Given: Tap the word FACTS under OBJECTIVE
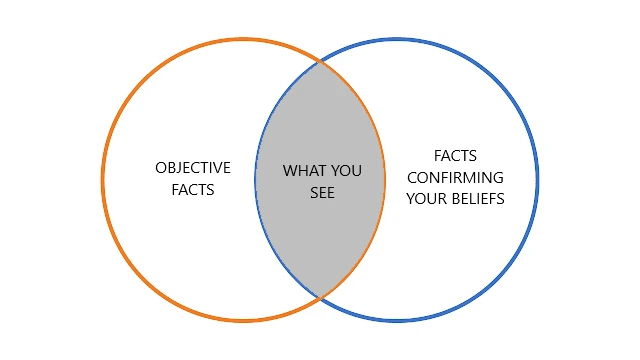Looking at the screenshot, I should tap(193, 190).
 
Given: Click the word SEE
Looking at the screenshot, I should tap(321, 193).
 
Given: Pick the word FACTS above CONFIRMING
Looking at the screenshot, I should tap(455, 156).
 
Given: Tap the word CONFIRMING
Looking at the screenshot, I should tap(455, 177).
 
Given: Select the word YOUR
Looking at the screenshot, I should tap(428, 199).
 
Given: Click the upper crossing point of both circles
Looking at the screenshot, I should tap(320, 62).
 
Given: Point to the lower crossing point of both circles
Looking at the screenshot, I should tap(320, 298).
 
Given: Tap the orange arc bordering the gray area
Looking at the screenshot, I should tap(385, 180).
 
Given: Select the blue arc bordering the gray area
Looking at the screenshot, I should tap(255, 180).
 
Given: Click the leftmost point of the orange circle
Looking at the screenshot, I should tap(103, 180).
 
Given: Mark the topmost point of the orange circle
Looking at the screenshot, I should tap(244, 39).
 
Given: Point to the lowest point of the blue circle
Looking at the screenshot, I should tap(396, 321).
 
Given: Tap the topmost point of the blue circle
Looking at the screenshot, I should tap(396, 39).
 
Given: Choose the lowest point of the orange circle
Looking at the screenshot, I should tap(244, 321).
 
